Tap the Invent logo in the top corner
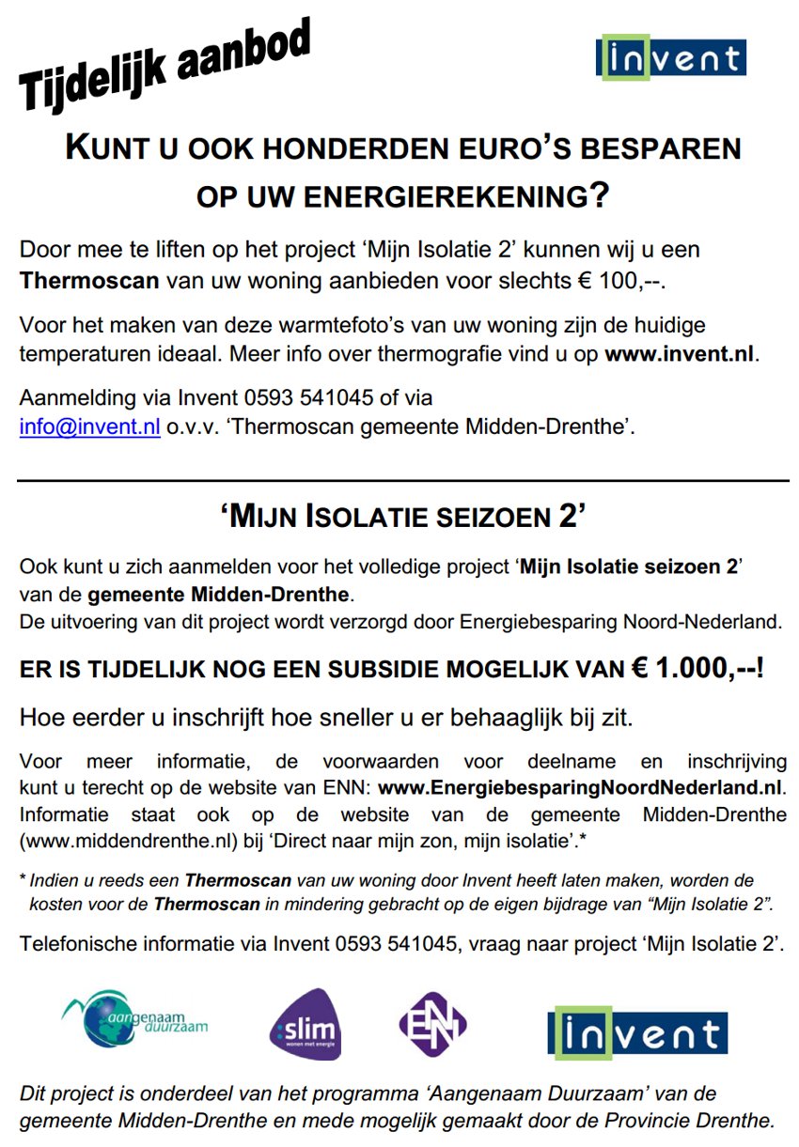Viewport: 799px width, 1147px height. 670,58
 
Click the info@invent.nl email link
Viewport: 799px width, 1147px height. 90,426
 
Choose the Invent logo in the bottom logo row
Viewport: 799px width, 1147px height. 637,1032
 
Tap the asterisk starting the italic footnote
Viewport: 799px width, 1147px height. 23,880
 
